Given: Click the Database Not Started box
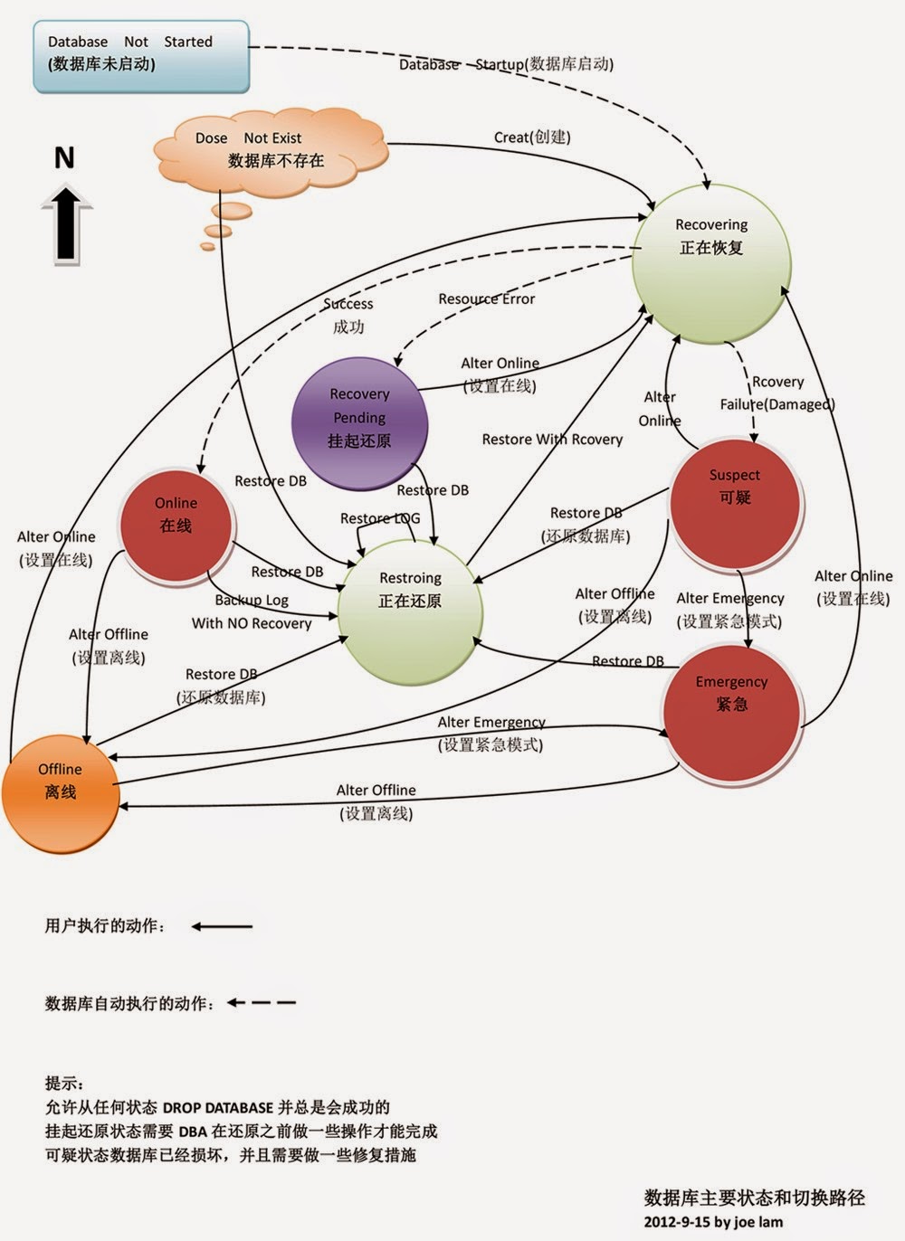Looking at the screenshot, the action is pos(141,56).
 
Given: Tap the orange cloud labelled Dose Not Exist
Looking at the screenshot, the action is pos(271,152).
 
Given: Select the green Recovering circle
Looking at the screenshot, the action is pos(711,264).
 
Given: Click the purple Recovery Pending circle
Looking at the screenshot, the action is pos(359,424).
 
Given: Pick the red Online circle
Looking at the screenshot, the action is pos(176,526).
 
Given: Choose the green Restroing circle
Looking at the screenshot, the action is pos(410,612).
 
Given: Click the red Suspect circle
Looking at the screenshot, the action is pos(736,505).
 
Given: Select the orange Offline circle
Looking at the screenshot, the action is pos(61,794).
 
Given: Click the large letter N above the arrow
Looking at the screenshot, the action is pos(64,158).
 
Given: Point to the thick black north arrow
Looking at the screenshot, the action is pos(66,224).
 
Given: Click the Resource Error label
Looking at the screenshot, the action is pos(487,299).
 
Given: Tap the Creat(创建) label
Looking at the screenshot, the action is pos(532,137).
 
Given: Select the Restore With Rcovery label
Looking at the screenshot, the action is pos(553,440).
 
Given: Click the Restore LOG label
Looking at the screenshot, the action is pos(380,518).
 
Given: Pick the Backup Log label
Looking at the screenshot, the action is pos(252,600).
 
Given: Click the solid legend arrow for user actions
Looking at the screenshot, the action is pos(222,926).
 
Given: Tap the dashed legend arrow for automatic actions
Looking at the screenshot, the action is pos(261,1002).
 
